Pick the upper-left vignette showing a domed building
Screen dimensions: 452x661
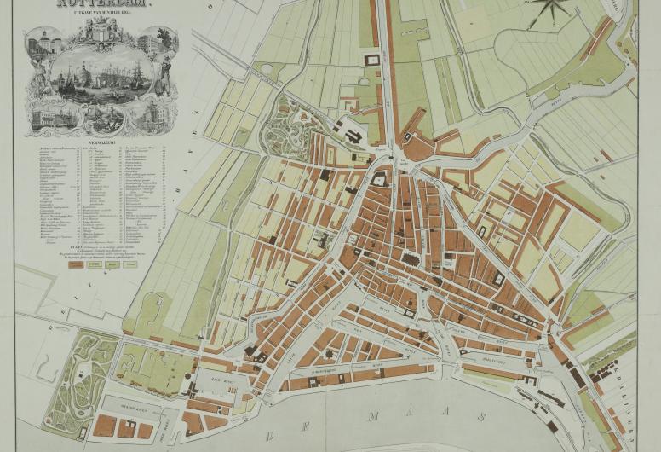tap(43, 43)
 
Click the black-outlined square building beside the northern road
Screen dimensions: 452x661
tap(371, 59)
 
